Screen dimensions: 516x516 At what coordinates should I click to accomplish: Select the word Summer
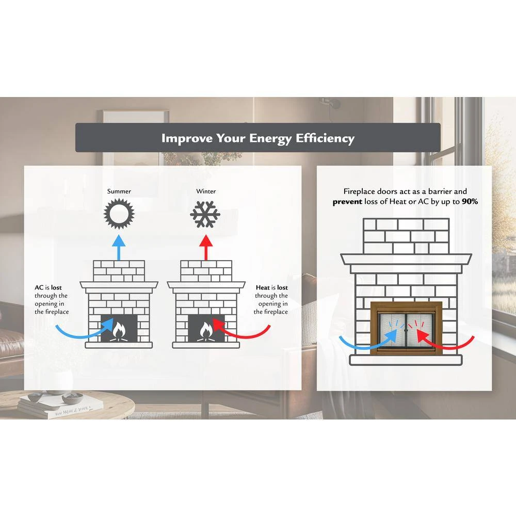(x=119, y=191)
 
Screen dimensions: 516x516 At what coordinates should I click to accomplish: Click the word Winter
(x=206, y=191)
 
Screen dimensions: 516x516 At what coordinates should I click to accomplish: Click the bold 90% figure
(x=469, y=202)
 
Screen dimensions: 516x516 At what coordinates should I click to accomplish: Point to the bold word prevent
(x=347, y=202)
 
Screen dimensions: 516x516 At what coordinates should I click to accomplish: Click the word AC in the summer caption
(x=39, y=287)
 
